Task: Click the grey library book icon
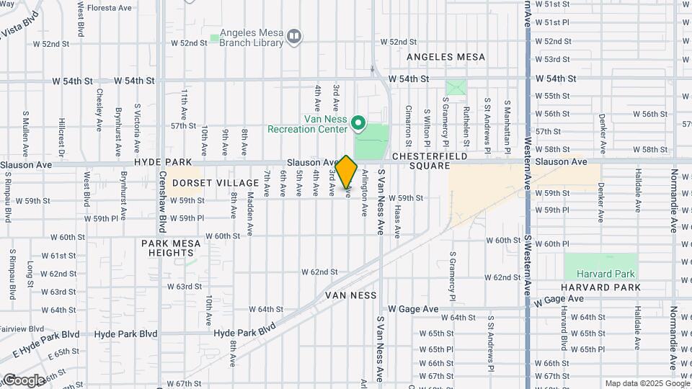pyautogui.click(x=293, y=37)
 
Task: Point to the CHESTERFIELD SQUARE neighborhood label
pyautogui.click(x=430, y=162)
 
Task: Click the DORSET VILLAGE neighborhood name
pyautogui.click(x=216, y=183)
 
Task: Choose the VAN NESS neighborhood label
pyautogui.click(x=350, y=295)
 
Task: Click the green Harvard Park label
pyautogui.click(x=605, y=274)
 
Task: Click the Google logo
pyautogui.click(x=24, y=380)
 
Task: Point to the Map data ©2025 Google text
pyautogui.click(x=646, y=383)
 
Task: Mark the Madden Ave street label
pyautogui.click(x=250, y=204)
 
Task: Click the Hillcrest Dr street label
pyautogui.click(x=62, y=133)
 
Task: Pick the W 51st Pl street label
pyautogui.click(x=556, y=22)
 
